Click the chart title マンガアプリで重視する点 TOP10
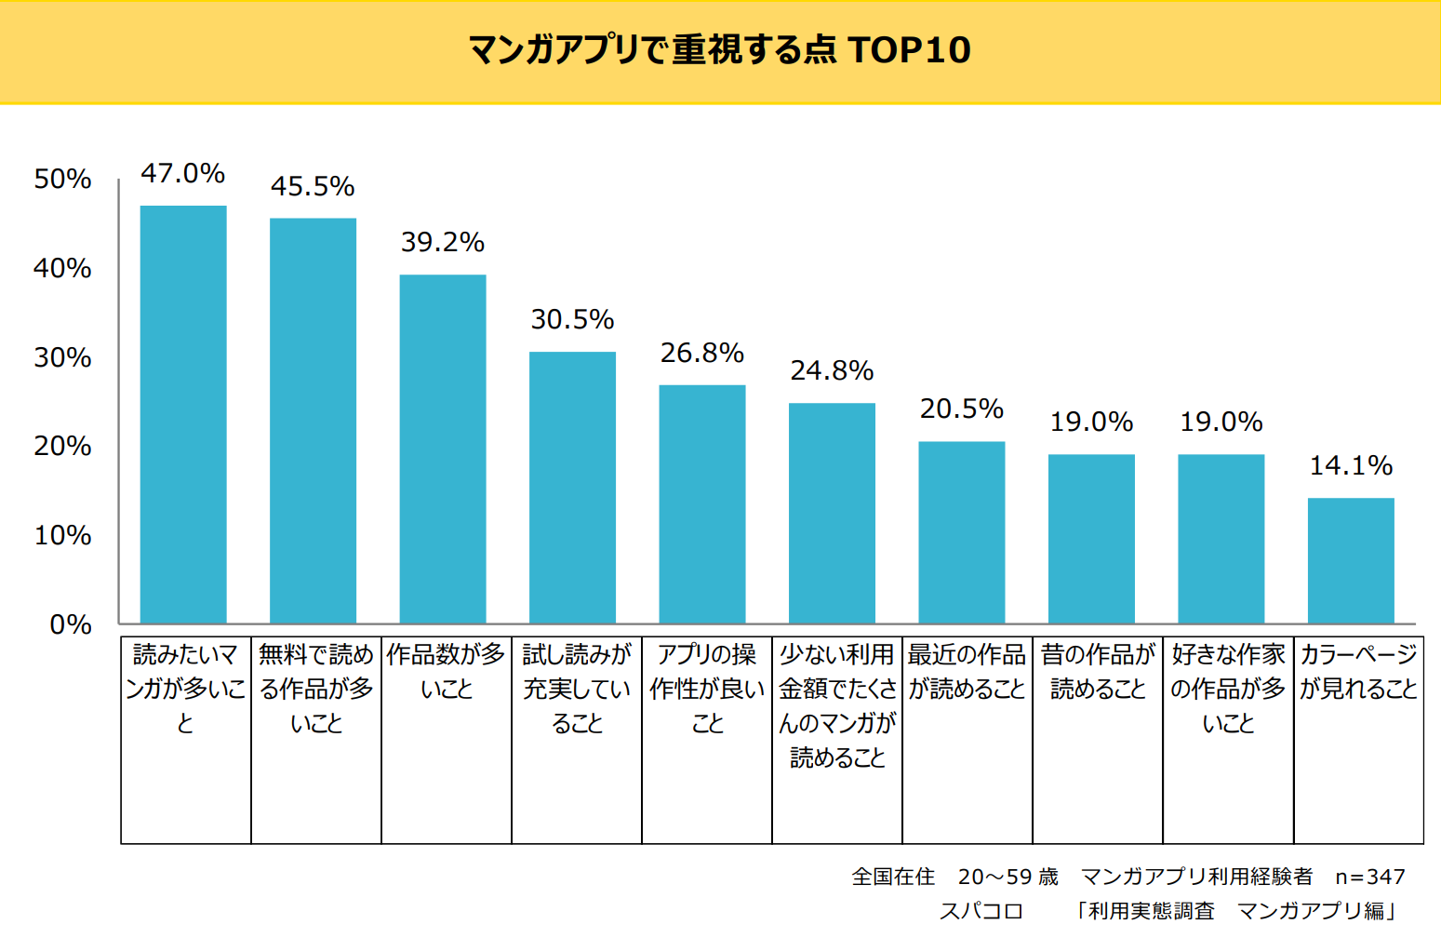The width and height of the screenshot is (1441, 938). [719, 50]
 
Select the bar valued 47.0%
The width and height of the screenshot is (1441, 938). [183, 414]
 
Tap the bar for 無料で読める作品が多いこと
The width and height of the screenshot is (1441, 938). [313, 421]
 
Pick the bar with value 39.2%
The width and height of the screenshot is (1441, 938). [443, 449]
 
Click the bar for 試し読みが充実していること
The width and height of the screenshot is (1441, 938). [572, 488]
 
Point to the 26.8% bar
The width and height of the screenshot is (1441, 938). [702, 503]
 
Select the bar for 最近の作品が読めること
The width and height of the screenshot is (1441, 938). [962, 532]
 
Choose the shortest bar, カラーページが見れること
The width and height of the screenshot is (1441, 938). [1351, 560]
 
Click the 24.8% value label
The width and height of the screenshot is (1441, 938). [832, 371]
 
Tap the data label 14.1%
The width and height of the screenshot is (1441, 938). [1351, 466]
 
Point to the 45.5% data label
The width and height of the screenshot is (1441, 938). [313, 187]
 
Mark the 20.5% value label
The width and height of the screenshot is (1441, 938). [962, 409]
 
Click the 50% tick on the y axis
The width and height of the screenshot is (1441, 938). [62, 180]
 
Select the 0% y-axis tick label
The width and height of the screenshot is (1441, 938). [71, 624]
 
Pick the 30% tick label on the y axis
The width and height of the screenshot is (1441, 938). [62, 357]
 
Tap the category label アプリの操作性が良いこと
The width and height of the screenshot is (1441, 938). [707, 689]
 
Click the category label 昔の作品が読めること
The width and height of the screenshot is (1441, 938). [1098, 672]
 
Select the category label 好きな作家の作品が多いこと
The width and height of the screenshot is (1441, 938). [1228, 689]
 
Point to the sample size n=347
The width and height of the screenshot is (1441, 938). [1369, 877]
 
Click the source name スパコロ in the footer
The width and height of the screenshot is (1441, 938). [981, 911]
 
